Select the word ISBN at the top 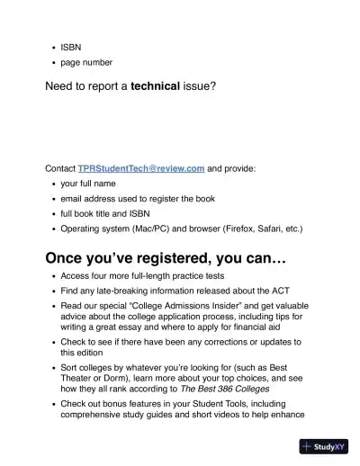point(71,44)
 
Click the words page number point(86,62)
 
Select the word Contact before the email point(60,168)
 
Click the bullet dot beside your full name point(53,184)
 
